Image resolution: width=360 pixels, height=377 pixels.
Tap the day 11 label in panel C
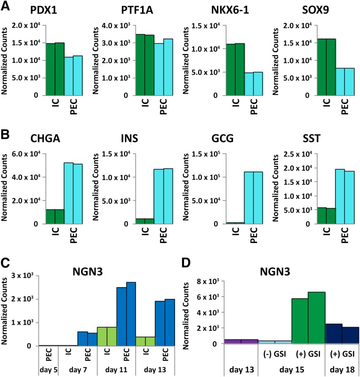click(117, 369)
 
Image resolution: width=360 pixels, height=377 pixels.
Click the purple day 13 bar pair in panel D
click(241, 341)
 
